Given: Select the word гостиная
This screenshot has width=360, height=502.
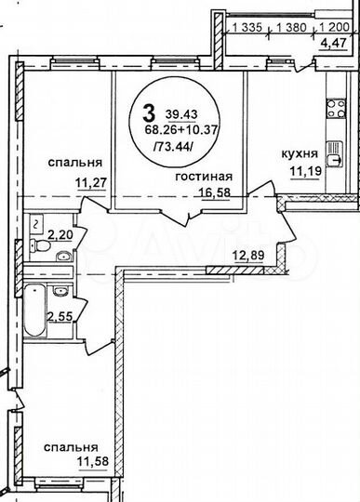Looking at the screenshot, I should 204,176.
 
